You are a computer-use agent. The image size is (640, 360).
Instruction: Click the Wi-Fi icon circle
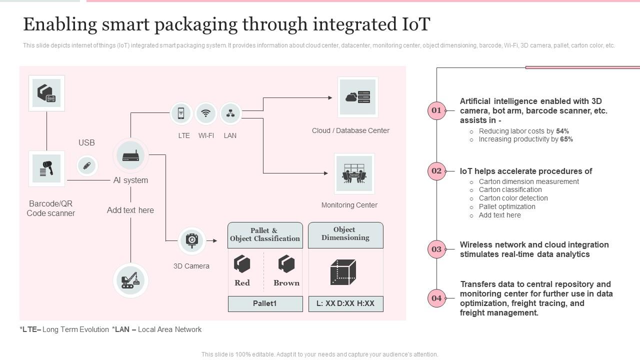[205, 113]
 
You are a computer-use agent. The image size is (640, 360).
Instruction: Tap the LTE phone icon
[181, 113]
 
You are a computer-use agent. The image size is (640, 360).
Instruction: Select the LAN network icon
[230, 113]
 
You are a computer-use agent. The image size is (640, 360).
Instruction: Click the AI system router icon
[130, 155]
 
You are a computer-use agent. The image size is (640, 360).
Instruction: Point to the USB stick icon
[86, 165]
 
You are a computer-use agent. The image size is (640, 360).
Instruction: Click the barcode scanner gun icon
[46, 168]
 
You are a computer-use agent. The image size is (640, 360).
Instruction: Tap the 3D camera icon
[191, 240]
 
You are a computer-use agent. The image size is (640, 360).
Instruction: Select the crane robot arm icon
[130, 280]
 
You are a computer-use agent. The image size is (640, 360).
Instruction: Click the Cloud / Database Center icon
[357, 97]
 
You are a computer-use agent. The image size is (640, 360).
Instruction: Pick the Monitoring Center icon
[354, 173]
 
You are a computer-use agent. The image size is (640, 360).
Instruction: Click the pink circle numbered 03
[436, 249]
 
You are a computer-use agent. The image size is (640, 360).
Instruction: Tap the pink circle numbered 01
[436, 110]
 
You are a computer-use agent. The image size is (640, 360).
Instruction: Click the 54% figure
[562, 131]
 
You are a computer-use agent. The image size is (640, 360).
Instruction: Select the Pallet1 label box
[265, 303]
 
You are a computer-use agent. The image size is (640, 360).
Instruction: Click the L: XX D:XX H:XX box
[345, 303]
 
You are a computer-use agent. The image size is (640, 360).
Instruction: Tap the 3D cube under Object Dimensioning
[343, 272]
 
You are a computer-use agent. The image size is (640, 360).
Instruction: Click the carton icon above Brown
[286, 263]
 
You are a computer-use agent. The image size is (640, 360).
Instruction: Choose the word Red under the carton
[242, 283]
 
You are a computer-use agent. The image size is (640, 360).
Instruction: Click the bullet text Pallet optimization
[506, 206]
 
